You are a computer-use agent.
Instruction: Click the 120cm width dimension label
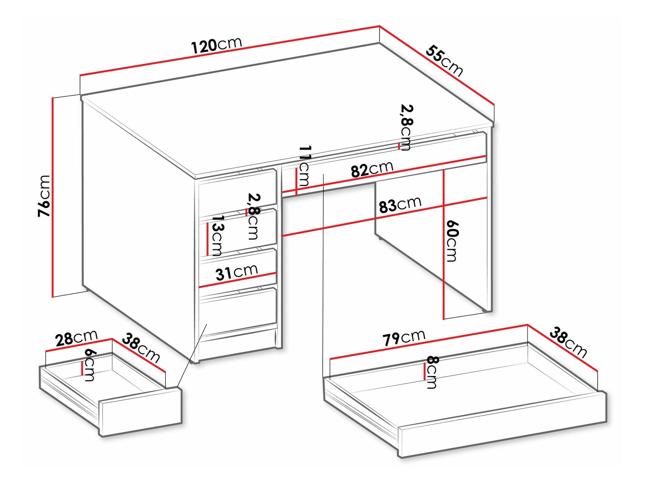216,45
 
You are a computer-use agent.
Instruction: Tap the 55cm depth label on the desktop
444,61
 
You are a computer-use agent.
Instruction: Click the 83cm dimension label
400,205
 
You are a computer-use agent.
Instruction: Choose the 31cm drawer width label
237,272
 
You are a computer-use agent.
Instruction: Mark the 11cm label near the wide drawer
304,166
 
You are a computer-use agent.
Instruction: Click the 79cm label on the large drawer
403,337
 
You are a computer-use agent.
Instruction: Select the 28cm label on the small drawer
76,338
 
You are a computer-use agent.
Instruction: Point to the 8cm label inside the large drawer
432,372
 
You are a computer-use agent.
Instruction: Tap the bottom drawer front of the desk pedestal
238,310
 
